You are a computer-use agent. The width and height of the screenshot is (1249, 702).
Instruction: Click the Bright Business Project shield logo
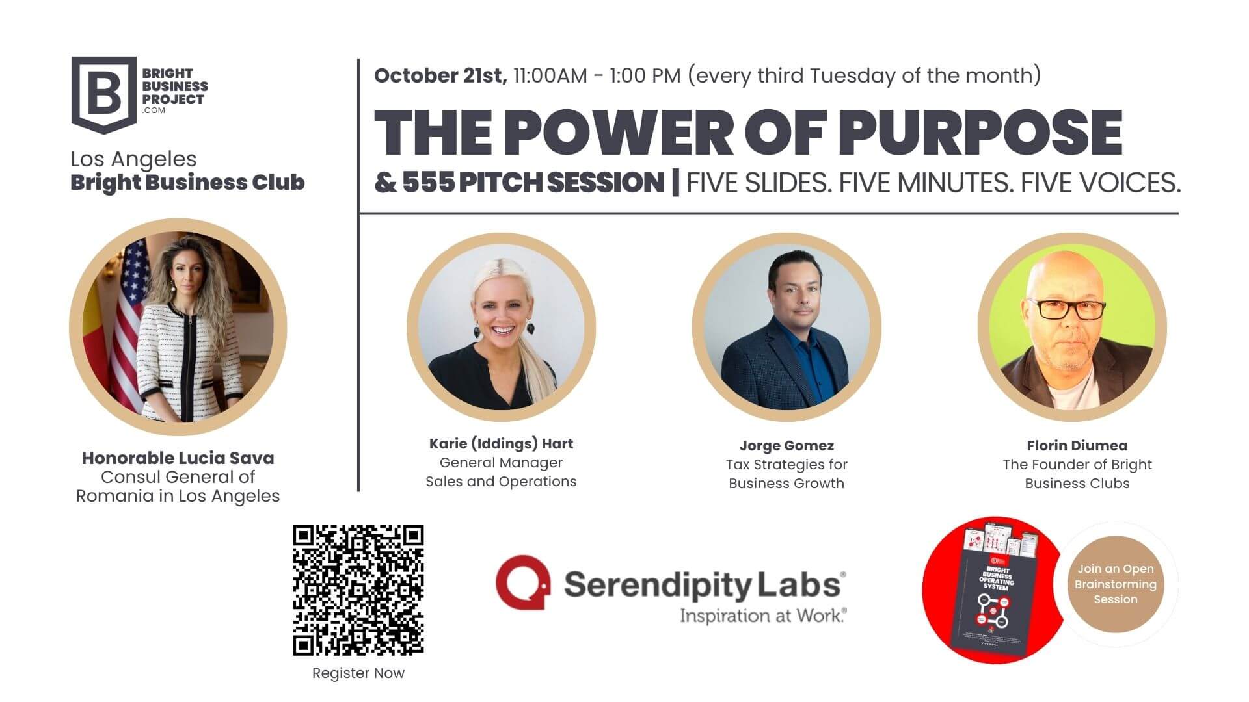click(x=104, y=94)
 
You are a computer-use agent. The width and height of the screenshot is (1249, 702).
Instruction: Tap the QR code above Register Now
click(x=358, y=590)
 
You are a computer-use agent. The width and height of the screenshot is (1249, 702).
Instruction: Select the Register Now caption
click(x=358, y=673)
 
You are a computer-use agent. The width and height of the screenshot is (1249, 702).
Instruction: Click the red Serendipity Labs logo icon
click(x=522, y=583)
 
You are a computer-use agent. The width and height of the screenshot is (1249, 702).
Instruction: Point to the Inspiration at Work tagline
click(x=762, y=615)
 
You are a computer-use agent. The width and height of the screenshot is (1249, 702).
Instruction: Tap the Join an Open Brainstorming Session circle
click(x=1115, y=584)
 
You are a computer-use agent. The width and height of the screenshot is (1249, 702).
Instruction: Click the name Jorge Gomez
click(x=786, y=446)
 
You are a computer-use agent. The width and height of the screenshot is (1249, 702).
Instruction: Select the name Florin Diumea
click(x=1077, y=446)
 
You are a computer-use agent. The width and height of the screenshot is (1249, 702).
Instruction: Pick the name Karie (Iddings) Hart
click(x=501, y=444)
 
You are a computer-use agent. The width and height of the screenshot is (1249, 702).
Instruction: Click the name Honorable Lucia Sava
click(x=178, y=458)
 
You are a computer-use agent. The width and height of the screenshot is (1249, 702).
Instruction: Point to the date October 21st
click(x=440, y=76)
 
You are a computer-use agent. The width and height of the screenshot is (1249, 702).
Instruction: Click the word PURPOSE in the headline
click(x=980, y=133)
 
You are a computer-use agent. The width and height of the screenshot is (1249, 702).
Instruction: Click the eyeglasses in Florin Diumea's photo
click(x=1067, y=309)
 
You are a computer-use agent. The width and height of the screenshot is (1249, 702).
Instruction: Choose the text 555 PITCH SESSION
click(x=533, y=183)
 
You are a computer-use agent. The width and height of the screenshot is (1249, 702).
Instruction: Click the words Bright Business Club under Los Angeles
click(x=187, y=183)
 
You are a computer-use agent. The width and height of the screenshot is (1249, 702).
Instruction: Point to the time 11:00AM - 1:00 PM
click(x=597, y=76)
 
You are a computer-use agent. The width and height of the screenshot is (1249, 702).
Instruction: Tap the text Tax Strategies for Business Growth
click(x=786, y=474)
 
